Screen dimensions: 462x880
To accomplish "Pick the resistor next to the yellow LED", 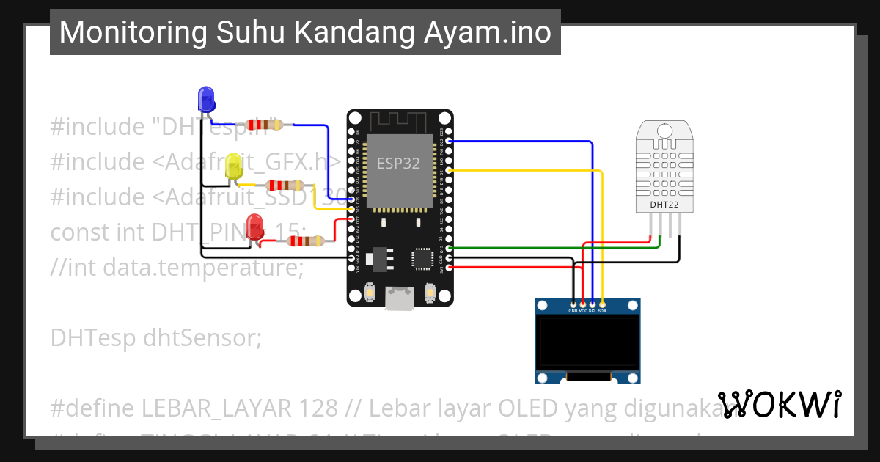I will tap(285, 186).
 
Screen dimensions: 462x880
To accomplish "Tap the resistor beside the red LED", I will tap(308, 241).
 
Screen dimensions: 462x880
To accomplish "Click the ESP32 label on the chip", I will tap(398, 163).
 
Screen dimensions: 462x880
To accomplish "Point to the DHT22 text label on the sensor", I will tap(664, 205).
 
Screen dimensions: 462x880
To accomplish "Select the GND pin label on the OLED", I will tap(573, 310).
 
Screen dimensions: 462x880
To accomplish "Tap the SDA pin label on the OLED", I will tap(602, 310).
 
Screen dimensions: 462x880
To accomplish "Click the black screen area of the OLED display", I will tap(587, 342).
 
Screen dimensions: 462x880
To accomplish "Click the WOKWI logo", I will tap(780, 404).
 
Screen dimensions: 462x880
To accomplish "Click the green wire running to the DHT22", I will tap(557, 248).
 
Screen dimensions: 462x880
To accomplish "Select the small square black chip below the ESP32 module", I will tap(422, 257).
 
